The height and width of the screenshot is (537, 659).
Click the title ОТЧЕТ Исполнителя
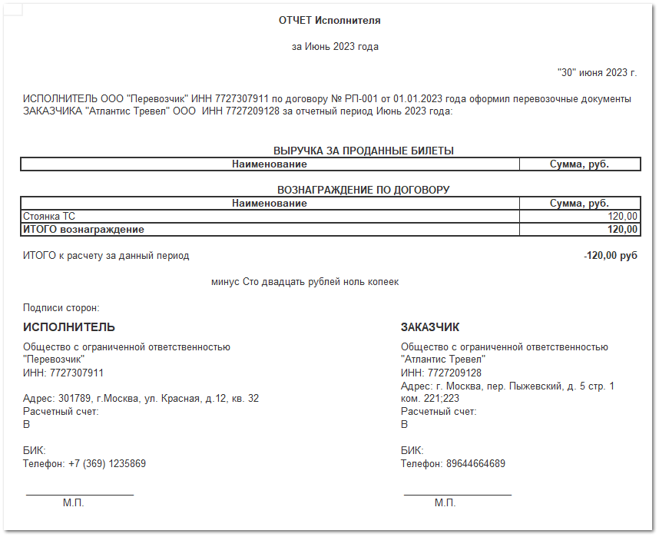point(329,21)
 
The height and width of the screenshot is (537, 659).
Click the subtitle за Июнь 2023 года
point(335,47)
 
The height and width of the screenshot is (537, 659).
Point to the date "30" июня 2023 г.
point(597,73)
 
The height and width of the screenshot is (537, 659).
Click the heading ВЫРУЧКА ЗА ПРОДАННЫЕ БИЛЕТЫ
point(363,151)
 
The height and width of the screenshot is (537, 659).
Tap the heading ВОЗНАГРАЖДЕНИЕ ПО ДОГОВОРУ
point(363,190)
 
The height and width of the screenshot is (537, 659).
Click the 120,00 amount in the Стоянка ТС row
point(622,217)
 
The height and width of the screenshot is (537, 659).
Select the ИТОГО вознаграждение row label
point(84,229)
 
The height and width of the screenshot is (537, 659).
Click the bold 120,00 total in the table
point(622,229)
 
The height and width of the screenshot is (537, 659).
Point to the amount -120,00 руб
point(610,256)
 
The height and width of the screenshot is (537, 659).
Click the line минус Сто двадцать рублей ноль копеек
point(305,282)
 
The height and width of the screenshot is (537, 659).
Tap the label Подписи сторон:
point(61,308)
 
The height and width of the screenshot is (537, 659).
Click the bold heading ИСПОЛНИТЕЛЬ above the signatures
point(69,327)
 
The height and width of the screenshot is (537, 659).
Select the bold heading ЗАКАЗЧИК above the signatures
point(430,327)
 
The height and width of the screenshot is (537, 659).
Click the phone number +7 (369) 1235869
point(108,464)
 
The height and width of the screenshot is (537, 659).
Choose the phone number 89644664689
point(474,464)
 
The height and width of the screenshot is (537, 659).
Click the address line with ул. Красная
point(141,399)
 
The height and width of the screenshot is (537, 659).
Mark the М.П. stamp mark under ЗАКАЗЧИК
point(445,503)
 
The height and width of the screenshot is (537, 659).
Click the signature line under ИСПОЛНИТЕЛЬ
point(80,495)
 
